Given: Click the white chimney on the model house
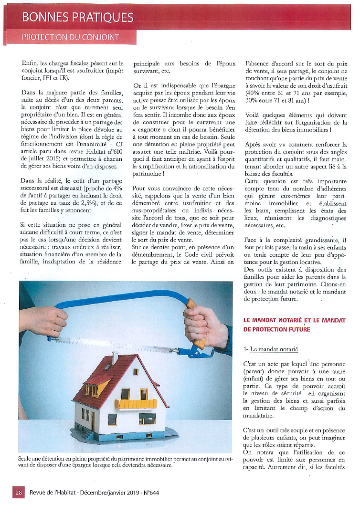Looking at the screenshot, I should click(115, 357).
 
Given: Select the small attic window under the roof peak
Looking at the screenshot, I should click(136, 372).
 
